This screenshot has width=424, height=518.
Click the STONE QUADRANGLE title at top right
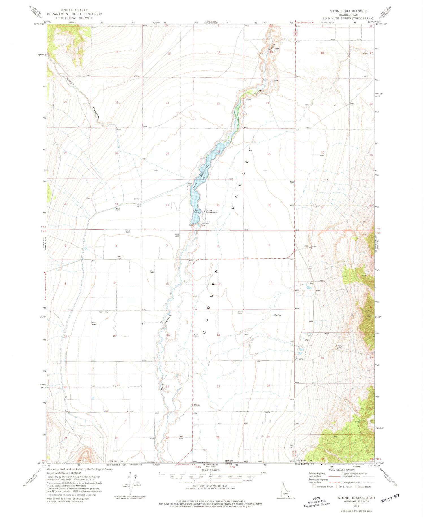pos(348,11)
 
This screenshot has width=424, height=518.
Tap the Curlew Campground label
pos(212,211)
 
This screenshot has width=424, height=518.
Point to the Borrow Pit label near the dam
pos(205,224)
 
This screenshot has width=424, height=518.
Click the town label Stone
pos(197,405)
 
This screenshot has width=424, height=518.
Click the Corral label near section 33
pos(137,199)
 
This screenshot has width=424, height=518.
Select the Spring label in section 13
pos(277,315)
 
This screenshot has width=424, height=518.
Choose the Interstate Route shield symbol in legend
pos(314,486)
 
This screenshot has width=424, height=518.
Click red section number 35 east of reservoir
pos(218,205)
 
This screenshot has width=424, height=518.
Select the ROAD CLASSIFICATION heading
pos(342,470)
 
